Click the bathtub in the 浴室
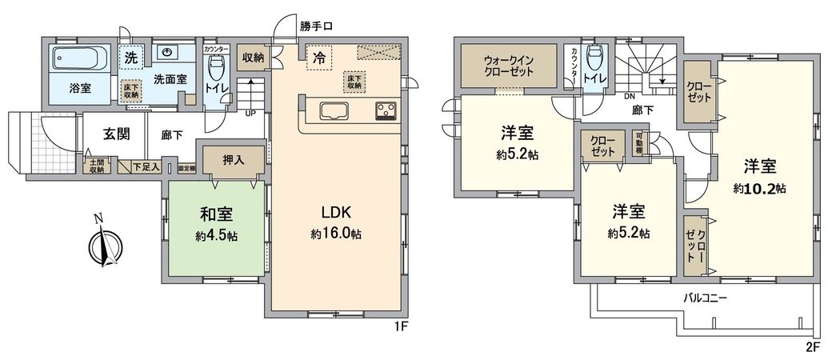(x=81, y=58)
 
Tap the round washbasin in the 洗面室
(x=167, y=53)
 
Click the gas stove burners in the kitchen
(x=384, y=111)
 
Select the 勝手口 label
(x=317, y=26)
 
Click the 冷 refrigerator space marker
(x=318, y=58)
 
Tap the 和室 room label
(x=216, y=214)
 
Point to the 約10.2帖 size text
(x=759, y=189)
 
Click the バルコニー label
(x=704, y=298)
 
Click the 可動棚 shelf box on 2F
(x=639, y=146)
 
